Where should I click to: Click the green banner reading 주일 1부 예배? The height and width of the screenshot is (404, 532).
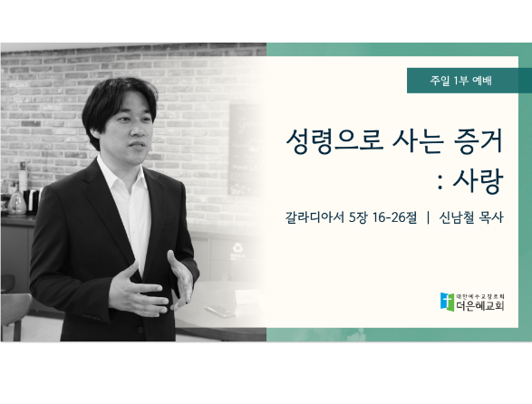(469, 81)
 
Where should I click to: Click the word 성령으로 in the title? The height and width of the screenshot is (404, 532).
(334, 142)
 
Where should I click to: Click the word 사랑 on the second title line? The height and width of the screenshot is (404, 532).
(478, 181)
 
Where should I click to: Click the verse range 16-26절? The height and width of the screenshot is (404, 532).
(394, 217)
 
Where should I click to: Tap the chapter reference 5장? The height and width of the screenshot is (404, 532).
(358, 217)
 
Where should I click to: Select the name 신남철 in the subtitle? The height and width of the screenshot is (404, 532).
(457, 217)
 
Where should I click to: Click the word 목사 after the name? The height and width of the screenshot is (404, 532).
(491, 217)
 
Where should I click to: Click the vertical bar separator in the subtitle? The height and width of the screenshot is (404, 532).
(428, 217)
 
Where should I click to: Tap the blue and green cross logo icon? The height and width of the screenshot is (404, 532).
(447, 302)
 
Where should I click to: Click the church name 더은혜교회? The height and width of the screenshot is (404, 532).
(479, 306)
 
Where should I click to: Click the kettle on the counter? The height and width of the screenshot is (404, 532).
(16, 203)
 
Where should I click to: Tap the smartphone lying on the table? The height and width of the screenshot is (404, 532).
(220, 311)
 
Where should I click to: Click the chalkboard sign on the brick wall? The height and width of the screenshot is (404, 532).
(245, 149)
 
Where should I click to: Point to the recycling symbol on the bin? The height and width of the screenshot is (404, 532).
(237, 248)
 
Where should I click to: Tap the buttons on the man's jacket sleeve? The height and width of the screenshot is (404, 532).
(92, 317)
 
